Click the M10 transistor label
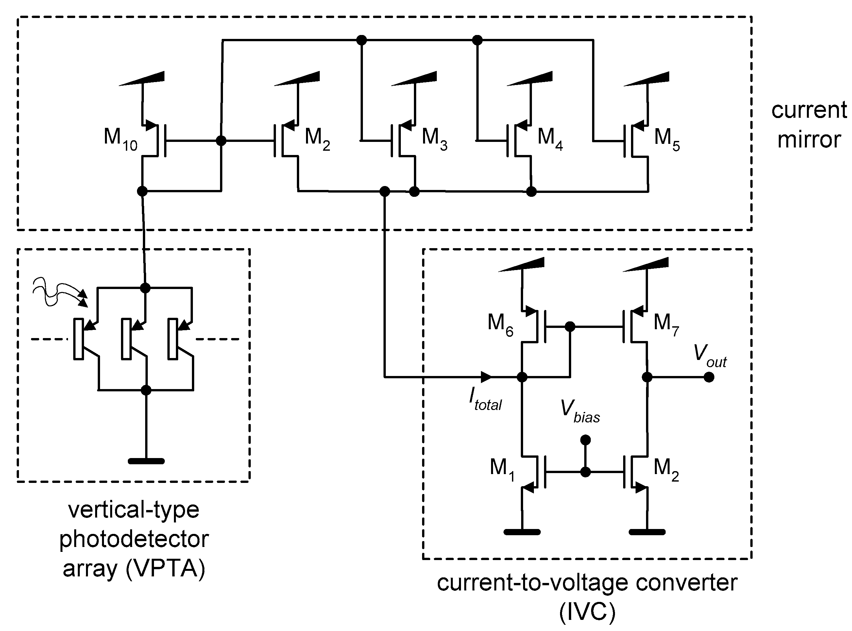click(120, 139)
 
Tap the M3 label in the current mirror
click(434, 139)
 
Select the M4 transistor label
click(550, 139)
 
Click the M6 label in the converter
click(500, 325)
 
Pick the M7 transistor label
click(666, 325)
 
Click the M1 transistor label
click(502, 469)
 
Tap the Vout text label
click(709, 355)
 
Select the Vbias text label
click(580, 411)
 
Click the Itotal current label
click(485, 399)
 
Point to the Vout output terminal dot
click(709, 377)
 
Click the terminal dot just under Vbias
click(586, 440)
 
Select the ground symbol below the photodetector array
click(146, 461)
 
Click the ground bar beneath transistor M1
click(522, 532)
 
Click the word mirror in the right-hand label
click(809, 140)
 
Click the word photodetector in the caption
click(134, 539)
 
